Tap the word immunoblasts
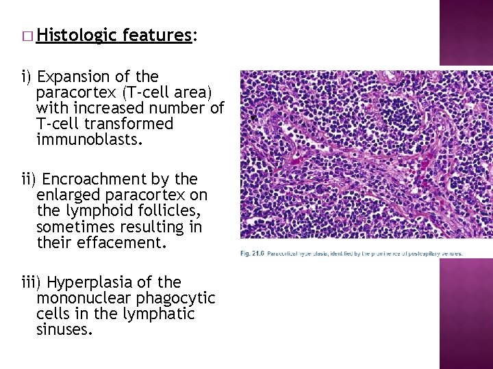pyautogui.click(x=90, y=140)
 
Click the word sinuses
pyautogui.click(x=65, y=330)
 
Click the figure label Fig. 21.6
pyautogui.click(x=252, y=253)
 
